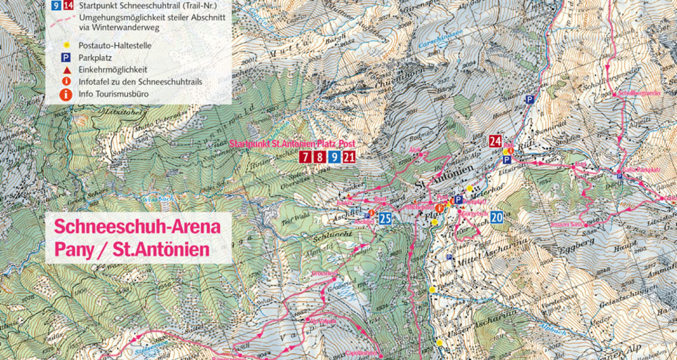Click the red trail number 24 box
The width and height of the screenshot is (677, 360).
point(496,141)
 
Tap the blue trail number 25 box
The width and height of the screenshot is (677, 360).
point(385,218)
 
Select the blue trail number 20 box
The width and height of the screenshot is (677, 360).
point(497,217)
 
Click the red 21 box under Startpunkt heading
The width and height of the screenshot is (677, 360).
point(349,158)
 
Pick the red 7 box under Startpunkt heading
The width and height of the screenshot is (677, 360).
point(306,158)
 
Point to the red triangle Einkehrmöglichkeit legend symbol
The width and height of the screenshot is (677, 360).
point(66,70)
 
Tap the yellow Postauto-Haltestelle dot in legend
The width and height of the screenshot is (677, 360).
point(66,46)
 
